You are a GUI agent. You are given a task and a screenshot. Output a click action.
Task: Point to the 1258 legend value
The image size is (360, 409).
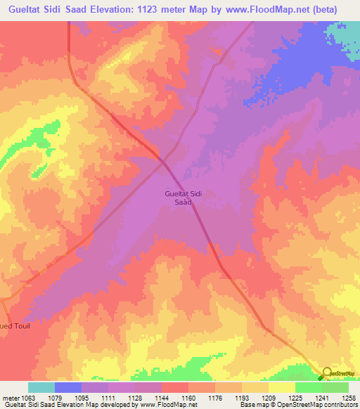tap(347, 398)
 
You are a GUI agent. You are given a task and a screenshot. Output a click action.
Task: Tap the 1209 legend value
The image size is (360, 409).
tap(268, 398)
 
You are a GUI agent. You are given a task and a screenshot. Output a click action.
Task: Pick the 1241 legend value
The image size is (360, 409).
tap(321, 398)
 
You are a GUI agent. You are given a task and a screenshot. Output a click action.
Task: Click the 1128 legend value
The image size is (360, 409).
tap(134, 398)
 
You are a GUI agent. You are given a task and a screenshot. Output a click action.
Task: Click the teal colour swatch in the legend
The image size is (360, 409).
tap(41, 387)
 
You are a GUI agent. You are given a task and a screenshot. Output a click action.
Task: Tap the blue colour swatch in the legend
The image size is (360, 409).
tap(68, 387)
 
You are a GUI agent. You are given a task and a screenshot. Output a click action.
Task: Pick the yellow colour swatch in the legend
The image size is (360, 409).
tap(282, 387)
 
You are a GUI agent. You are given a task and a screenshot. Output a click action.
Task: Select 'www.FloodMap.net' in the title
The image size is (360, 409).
tap(266, 10)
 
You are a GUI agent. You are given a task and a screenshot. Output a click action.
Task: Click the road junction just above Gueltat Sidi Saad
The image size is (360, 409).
tap(164, 162)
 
